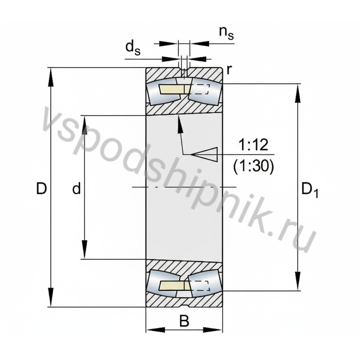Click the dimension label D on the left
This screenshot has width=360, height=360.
41,189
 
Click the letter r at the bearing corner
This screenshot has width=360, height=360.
229,69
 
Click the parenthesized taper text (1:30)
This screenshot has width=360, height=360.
253,166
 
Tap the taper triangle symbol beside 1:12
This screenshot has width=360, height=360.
205,154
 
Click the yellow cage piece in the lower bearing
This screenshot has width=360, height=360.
171,285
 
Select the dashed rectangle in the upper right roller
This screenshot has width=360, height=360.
201,89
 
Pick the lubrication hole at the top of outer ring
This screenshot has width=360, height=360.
184,72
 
